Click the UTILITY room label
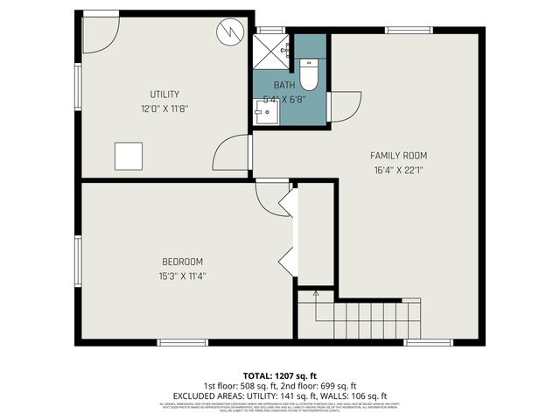(164, 94)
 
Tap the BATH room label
(284, 85)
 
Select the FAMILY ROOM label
(398, 156)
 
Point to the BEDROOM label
(182, 262)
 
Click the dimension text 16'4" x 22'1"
(398, 171)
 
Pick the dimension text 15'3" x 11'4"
(182, 276)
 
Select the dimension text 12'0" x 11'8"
(164, 109)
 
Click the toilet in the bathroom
(308, 75)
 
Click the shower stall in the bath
(271, 51)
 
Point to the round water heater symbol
(228, 32)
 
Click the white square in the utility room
(129, 156)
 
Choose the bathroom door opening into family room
(344, 107)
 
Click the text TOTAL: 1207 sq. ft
(279, 375)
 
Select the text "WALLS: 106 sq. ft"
(357, 395)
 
